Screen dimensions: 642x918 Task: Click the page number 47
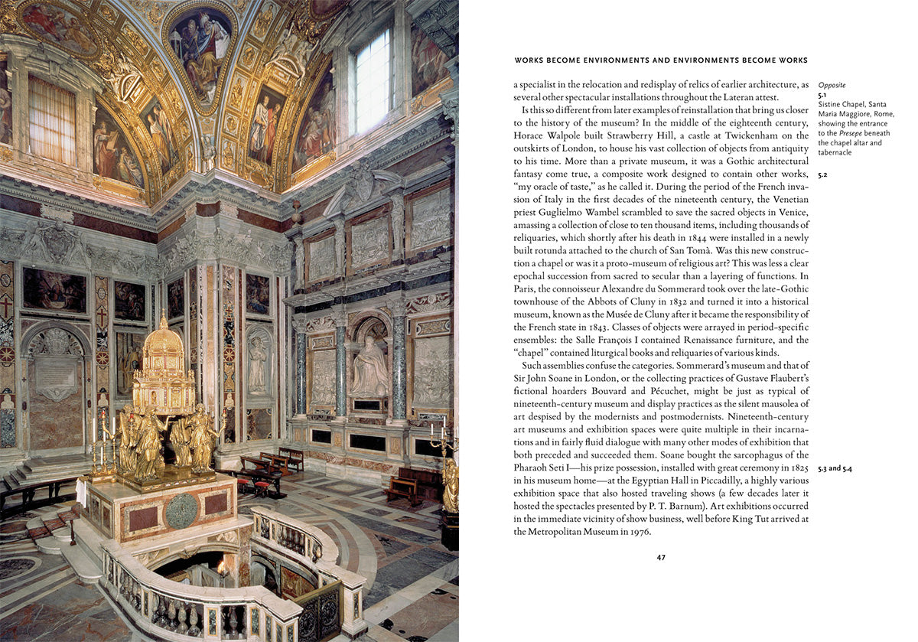(661, 557)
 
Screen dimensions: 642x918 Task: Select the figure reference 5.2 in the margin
(823, 175)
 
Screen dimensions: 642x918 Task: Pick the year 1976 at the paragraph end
(638, 532)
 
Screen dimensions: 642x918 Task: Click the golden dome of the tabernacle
(164, 341)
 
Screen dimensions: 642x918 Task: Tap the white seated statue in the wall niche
(369, 370)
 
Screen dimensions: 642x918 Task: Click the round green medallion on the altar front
(182, 510)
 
